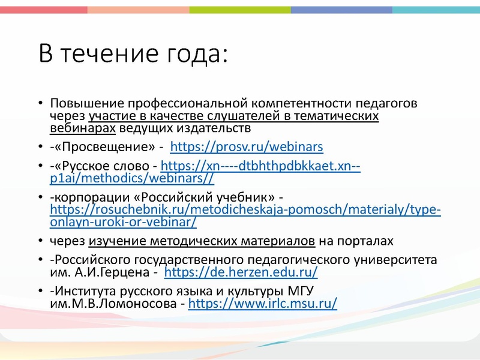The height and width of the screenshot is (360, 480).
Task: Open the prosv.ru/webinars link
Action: point(247,147)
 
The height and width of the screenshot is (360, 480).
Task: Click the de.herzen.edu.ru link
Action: point(241,272)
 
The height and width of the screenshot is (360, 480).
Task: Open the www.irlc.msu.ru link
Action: point(263,304)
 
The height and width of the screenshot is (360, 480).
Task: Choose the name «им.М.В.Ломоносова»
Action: point(113,304)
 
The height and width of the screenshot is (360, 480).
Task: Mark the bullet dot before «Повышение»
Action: point(40,103)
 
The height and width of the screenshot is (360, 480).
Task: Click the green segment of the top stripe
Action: point(240,10)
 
